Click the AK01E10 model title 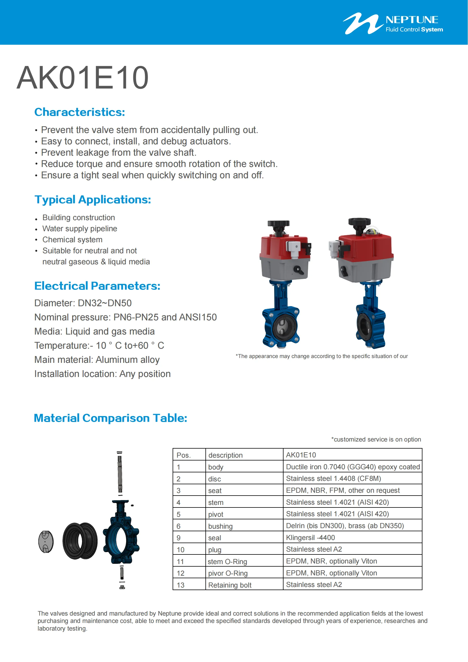82,78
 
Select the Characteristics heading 80,112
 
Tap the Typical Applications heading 93,200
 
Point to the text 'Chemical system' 72,240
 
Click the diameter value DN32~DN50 105,303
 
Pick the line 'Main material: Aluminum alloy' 97,359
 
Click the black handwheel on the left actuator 278,224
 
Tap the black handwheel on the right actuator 359,221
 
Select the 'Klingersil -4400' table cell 310,537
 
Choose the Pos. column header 184,455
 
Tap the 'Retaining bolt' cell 230,585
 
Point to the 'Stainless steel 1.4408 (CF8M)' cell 333,479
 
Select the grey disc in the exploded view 46,541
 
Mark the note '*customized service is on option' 376,440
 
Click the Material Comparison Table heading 110,418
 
